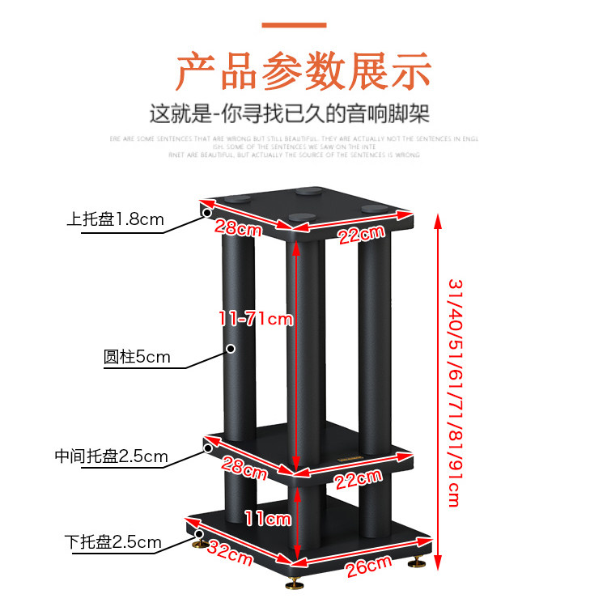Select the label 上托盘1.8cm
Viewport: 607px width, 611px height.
[x=116, y=219]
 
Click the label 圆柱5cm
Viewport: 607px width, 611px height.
[x=137, y=356]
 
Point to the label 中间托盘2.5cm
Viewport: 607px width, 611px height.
[x=111, y=456]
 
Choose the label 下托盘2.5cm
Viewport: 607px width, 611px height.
[x=113, y=542]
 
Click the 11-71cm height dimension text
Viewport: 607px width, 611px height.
[x=256, y=319]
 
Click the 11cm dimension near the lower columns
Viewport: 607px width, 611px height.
[x=268, y=518]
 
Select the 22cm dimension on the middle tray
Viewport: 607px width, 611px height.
[x=357, y=478]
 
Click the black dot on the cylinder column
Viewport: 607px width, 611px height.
[x=231, y=349]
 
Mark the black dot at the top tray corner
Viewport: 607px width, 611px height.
[x=207, y=213]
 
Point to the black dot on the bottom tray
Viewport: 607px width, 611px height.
[x=200, y=533]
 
